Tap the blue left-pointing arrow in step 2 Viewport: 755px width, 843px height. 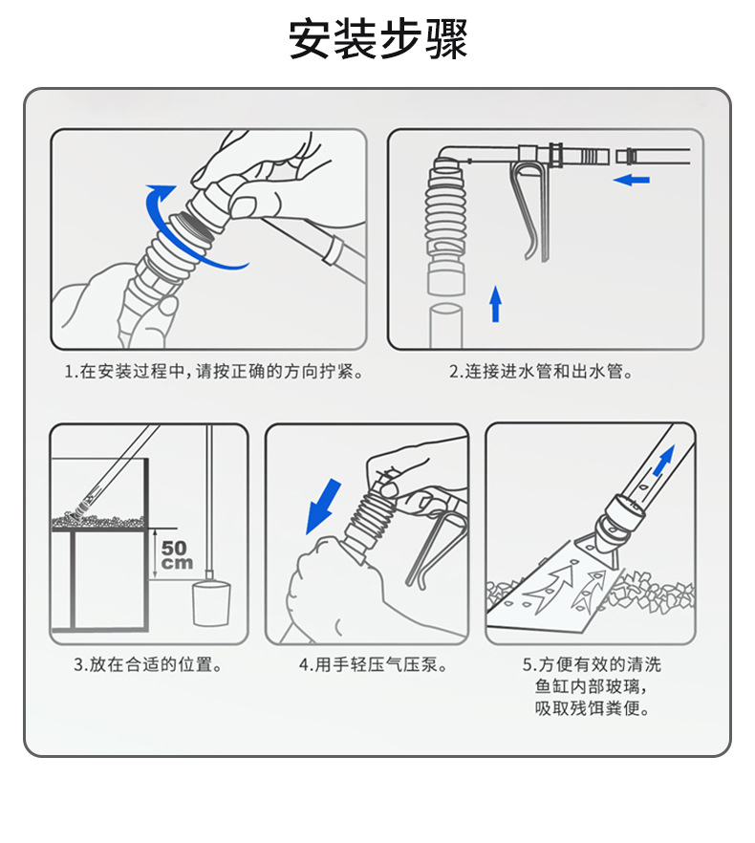[x=632, y=180]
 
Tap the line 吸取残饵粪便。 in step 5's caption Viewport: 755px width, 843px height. [x=593, y=708]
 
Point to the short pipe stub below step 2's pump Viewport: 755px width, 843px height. [x=446, y=324]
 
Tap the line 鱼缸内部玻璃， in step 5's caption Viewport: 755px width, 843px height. [x=593, y=686]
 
